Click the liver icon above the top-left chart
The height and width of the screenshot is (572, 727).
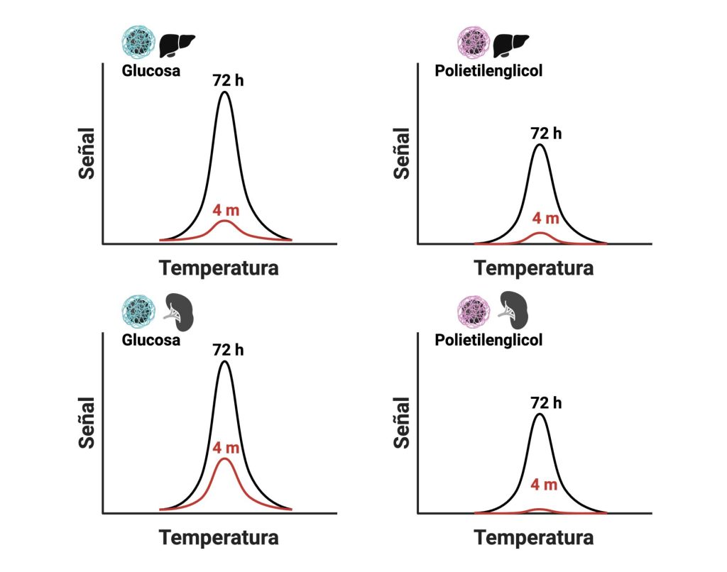176,45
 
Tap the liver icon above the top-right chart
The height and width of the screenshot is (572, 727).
511,45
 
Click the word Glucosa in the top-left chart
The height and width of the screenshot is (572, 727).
151,71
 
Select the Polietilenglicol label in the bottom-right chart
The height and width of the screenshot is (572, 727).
488,340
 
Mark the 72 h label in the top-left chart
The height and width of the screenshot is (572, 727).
228,79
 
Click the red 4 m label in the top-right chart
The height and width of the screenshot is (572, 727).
545,217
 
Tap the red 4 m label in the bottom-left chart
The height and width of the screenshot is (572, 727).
226,448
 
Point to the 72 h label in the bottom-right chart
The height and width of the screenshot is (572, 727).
545,402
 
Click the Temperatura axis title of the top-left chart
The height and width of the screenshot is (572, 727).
219,268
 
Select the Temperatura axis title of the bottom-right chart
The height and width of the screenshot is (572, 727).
534,537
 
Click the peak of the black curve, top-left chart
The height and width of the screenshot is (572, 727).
225,92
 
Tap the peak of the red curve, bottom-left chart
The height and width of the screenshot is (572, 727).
225,459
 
